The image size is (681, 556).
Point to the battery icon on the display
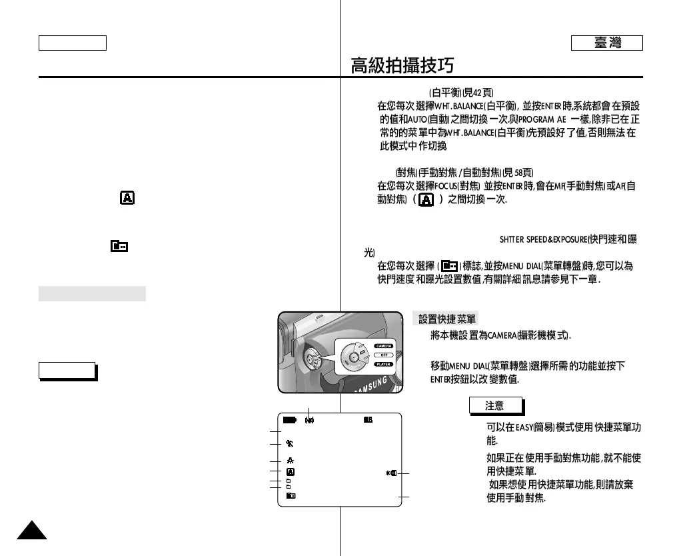pyautogui.click(x=289, y=421)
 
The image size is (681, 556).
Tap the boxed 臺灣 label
pyautogui.click(x=606, y=43)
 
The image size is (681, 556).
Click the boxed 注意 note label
pyautogui.click(x=495, y=405)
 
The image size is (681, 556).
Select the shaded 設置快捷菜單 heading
pyautogui.click(x=445, y=319)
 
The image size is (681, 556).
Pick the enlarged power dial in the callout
pyautogui.click(x=353, y=356)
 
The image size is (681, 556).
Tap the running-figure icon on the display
pyautogui.click(x=291, y=461)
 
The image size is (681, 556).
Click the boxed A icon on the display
pyautogui.click(x=291, y=471)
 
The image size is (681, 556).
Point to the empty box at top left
pyautogui.click(x=72, y=43)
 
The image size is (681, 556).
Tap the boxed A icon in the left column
pyautogui.click(x=126, y=198)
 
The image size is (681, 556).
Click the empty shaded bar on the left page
pyautogui.click(x=92, y=293)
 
